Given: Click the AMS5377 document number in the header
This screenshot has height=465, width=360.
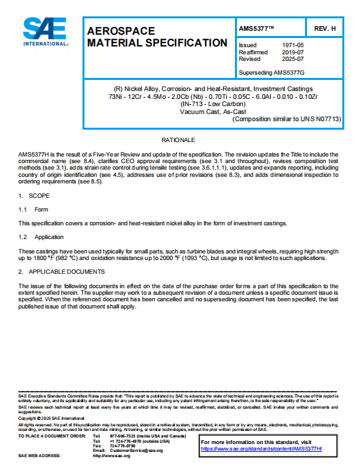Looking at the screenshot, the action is (257, 29).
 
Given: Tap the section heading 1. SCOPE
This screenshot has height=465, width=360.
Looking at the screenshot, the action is (30, 196).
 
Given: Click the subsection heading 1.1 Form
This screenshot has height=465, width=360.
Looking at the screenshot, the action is (33, 210).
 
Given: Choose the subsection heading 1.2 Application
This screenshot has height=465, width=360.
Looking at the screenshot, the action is (41, 237).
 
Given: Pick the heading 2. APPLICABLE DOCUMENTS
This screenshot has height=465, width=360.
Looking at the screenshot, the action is (62, 271).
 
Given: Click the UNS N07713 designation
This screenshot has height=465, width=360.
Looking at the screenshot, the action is (324, 119).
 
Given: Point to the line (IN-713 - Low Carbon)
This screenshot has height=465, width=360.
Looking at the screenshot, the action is (201, 103).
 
